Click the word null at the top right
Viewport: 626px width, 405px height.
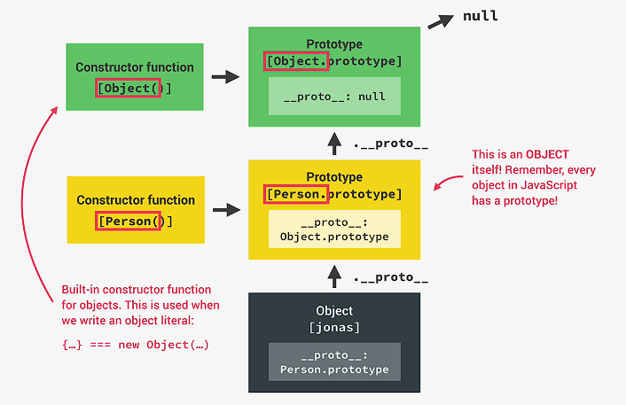click(481, 16)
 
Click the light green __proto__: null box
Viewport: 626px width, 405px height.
click(334, 96)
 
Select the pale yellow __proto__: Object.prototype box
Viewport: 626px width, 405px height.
click(334, 230)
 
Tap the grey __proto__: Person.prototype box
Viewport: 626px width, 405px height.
click(334, 362)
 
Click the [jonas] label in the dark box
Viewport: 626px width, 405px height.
click(334, 328)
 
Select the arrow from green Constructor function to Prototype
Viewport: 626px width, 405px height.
click(226, 77)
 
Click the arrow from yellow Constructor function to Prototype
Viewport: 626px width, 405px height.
click(227, 210)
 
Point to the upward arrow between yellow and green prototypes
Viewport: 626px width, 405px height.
click(334, 142)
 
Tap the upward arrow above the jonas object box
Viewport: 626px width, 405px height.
click(334, 276)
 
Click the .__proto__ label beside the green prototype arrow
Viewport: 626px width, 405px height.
click(390, 144)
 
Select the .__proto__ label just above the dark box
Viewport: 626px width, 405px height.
click(390, 277)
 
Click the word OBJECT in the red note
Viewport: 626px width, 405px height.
click(547, 154)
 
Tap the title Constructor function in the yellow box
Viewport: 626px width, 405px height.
click(136, 200)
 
